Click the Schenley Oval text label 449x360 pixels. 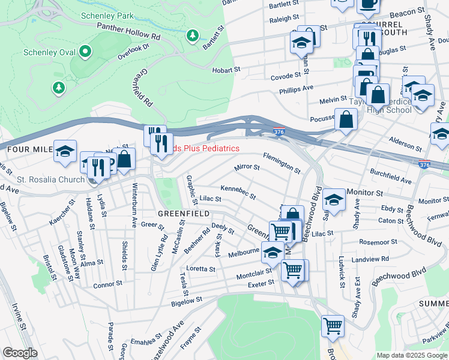click(49, 52)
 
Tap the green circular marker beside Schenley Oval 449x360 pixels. click(84, 52)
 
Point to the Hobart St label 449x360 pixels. click(226, 70)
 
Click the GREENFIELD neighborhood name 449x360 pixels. click(183, 214)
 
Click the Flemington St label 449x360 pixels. click(282, 162)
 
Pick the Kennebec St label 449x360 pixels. click(238, 193)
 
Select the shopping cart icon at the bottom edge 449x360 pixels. click(333, 326)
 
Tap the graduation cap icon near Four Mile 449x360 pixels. click(65, 152)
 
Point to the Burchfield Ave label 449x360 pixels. click(390, 176)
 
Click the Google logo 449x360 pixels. click(20, 352)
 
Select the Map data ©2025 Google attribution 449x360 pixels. click(412, 355)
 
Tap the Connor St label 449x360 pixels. click(107, 284)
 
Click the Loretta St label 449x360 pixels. click(200, 269)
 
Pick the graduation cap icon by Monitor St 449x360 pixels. click(334, 199)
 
